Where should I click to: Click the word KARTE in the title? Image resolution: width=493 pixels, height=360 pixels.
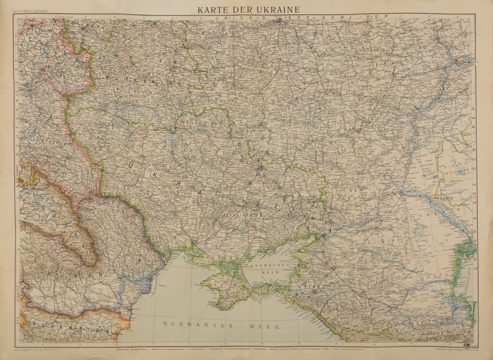213,9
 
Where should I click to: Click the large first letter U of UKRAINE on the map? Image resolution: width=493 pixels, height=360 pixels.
132,167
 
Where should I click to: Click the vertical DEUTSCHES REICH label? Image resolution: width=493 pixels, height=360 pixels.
19,133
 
